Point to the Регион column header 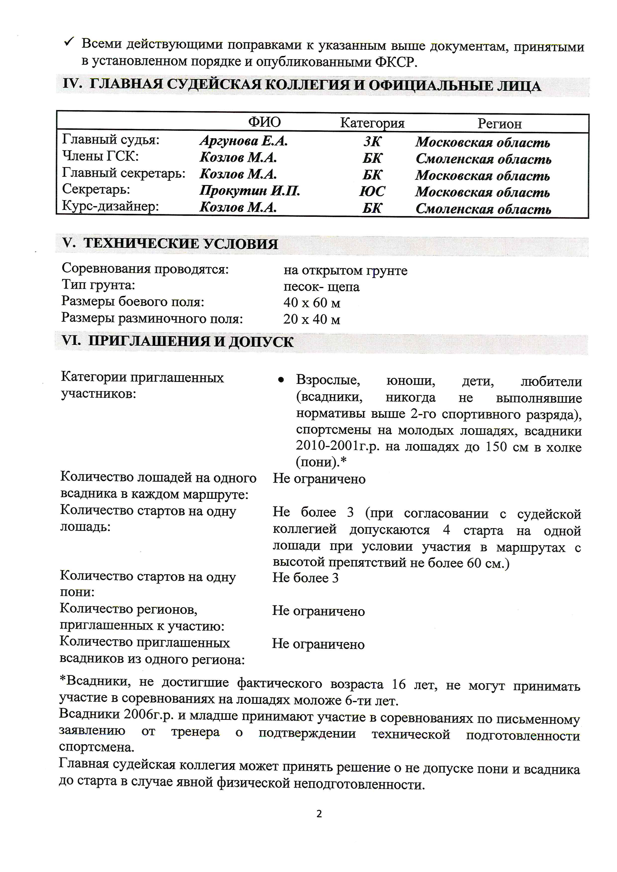499,124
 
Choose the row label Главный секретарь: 123,173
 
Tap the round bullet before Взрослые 281,380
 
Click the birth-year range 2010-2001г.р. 337,446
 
